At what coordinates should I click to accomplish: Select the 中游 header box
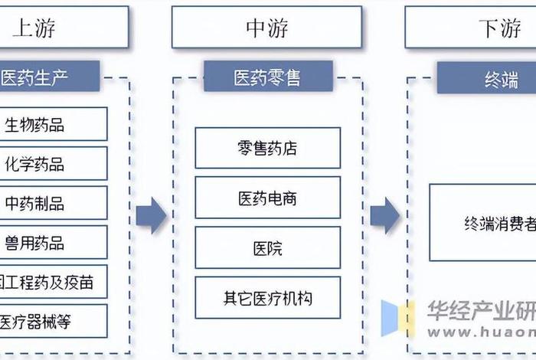[266, 28]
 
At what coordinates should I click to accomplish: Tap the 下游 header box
[471, 28]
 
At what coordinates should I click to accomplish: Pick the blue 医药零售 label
[267, 77]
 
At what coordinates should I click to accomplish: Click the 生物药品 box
[52, 124]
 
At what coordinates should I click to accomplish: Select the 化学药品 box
[52, 164]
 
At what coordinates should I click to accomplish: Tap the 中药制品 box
[52, 203]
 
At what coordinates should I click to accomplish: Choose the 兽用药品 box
[52, 243]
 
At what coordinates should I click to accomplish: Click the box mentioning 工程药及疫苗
[52, 282]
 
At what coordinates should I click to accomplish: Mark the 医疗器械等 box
[52, 321]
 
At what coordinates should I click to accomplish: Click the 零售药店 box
[267, 148]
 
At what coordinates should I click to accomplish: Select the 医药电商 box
[267, 198]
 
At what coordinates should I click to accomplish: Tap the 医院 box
[267, 248]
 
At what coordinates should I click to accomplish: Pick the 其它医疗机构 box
[267, 298]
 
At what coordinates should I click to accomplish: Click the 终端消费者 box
[482, 223]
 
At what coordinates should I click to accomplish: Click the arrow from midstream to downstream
[385, 215]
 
